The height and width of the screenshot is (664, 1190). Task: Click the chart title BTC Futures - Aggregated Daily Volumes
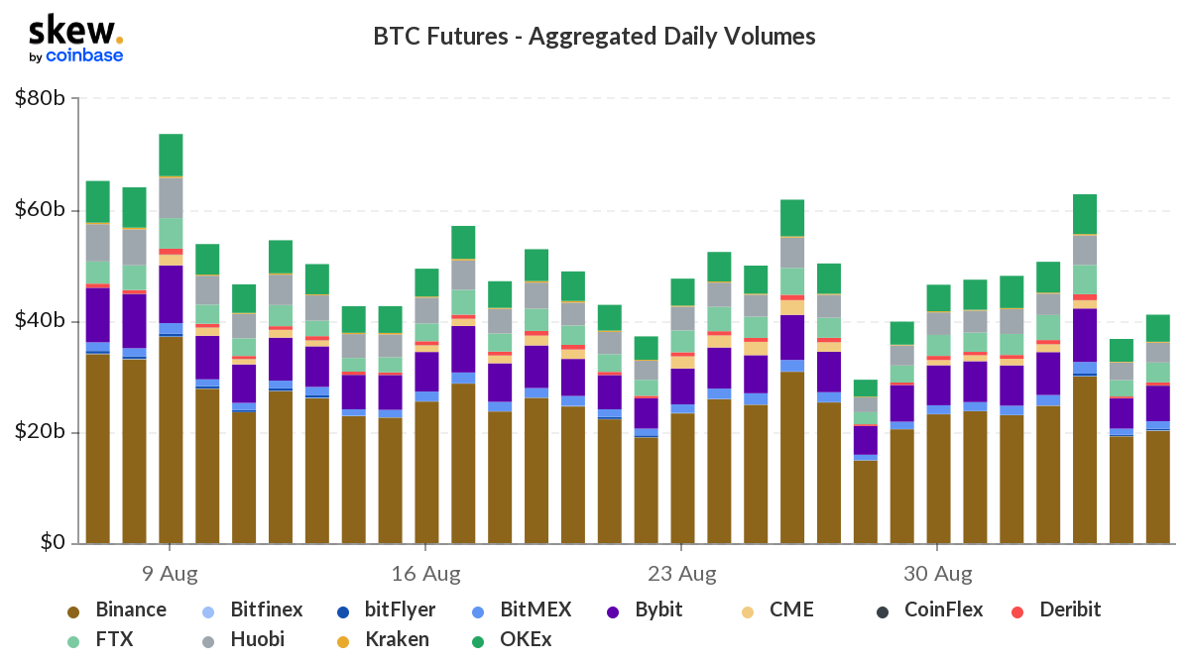[594, 37]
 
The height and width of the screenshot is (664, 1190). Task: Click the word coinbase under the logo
[84, 55]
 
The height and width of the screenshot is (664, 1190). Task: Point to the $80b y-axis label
[40, 98]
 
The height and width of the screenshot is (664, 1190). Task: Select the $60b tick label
[40, 210]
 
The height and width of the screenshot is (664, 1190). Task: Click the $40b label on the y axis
[40, 320]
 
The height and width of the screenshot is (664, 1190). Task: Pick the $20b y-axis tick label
[40, 431]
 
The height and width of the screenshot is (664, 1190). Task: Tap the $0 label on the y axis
[53, 542]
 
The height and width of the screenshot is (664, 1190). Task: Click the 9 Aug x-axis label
[170, 574]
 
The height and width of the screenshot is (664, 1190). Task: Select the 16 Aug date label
[426, 574]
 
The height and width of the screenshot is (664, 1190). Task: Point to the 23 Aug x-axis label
[681, 574]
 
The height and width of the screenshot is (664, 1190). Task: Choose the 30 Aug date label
[938, 574]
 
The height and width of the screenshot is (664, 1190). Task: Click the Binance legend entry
[117, 609]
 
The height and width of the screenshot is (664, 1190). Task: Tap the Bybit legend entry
[645, 609]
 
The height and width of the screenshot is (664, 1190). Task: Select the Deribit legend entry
[1056, 609]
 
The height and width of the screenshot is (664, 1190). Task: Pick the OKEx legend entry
[512, 640]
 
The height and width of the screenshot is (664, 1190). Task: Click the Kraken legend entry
[384, 640]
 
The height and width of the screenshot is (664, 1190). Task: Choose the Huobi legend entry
[243, 640]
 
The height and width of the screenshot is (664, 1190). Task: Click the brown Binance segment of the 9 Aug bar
[171, 440]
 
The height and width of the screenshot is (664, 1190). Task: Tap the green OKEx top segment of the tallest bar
[171, 155]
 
